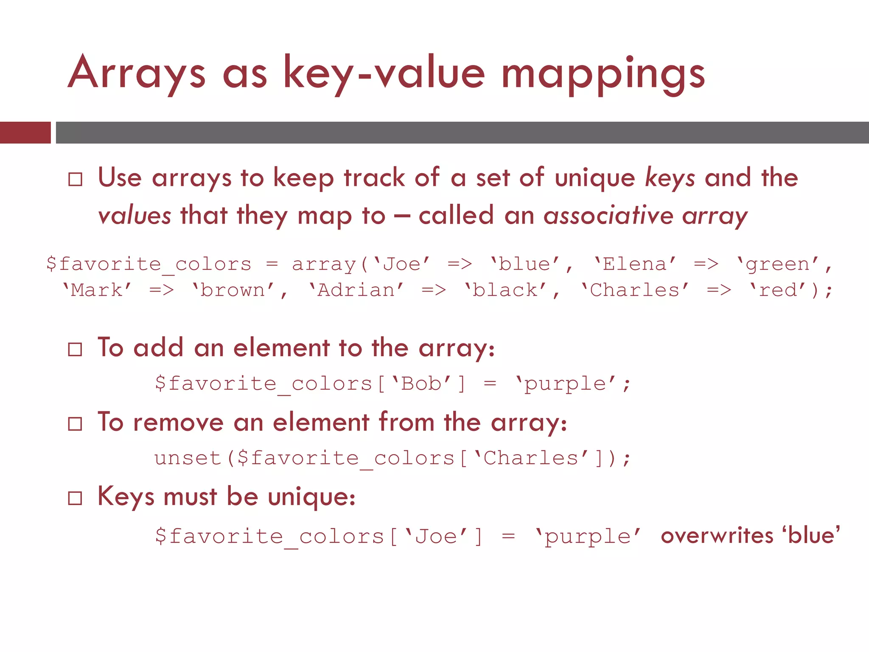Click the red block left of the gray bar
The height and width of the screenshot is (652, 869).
click(x=25, y=132)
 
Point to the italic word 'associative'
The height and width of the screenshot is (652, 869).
click(x=608, y=216)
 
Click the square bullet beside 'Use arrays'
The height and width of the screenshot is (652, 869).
click(x=75, y=179)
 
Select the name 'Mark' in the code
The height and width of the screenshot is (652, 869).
click(x=97, y=290)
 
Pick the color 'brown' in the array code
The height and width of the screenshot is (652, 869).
click(x=233, y=290)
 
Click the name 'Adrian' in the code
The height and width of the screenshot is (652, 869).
click(x=356, y=290)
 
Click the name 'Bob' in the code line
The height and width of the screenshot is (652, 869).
click(x=421, y=384)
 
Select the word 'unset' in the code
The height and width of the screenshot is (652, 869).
click(x=188, y=458)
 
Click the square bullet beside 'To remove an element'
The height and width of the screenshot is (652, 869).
click(x=75, y=424)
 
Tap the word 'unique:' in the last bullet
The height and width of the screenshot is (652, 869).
click(x=312, y=497)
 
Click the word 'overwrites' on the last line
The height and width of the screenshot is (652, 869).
click(x=717, y=536)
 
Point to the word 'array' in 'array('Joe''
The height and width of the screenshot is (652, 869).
click(x=324, y=264)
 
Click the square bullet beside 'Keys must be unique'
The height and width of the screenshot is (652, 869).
click(x=75, y=498)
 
